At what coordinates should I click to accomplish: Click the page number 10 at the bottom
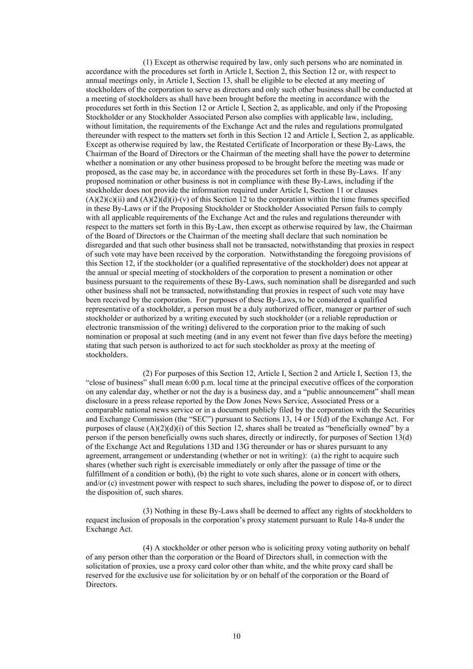pos(236,636)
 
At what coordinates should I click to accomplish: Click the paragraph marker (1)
pos(148,62)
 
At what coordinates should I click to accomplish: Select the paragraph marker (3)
pos(148,511)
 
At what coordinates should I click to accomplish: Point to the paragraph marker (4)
pos(148,547)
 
